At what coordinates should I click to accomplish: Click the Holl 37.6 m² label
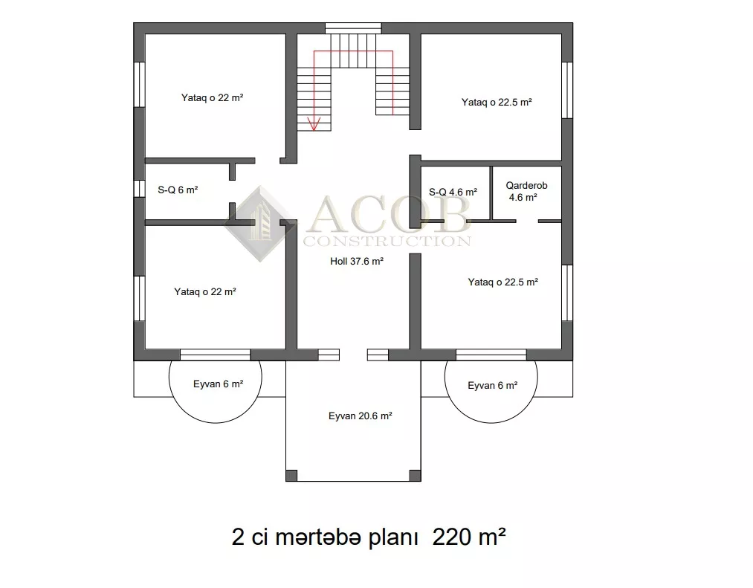click(357, 262)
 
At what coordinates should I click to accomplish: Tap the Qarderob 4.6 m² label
click(526, 191)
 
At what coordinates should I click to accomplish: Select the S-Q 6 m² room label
click(178, 190)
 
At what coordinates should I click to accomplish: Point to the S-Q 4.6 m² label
click(453, 192)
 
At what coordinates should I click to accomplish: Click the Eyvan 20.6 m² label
click(361, 416)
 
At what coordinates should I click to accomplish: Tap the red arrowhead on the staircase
click(314, 124)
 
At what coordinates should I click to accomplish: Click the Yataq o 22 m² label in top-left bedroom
click(213, 97)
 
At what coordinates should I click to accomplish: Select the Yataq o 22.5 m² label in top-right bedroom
click(497, 103)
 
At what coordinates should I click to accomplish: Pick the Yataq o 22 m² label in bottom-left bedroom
click(205, 291)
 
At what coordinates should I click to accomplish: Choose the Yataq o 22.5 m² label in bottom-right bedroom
click(502, 282)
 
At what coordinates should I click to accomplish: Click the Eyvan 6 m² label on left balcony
click(218, 384)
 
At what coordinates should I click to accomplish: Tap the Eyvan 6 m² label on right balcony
click(493, 385)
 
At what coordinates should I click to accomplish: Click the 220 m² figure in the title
click(469, 536)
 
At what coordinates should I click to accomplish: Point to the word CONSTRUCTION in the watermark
click(387, 241)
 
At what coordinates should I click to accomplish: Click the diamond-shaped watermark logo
click(260, 224)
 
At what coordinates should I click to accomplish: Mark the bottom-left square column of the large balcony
click(291, 476)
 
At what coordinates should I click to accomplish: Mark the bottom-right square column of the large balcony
click(416, 476)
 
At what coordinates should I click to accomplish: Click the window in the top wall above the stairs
click(353, 28)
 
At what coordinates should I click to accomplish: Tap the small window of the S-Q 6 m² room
click(139, 188)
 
